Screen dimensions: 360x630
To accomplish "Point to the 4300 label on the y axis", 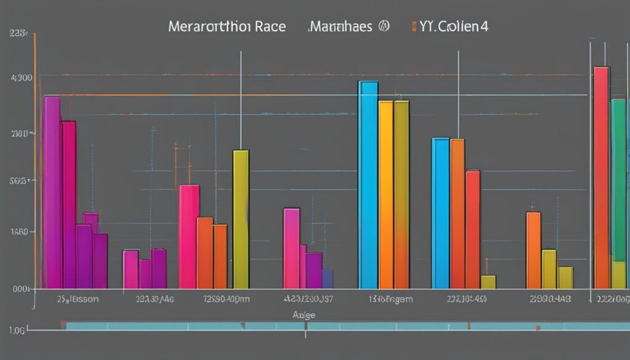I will point(22,78).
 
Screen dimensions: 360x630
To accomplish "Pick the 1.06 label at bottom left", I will point(17,330).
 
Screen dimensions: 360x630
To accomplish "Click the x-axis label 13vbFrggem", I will point(391,299).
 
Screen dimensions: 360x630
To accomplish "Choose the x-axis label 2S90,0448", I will point(549,299).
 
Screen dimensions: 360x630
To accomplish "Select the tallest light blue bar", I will point(368,185).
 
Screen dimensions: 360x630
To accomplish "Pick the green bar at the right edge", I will point(619,178).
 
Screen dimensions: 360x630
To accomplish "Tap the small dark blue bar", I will point(327,278).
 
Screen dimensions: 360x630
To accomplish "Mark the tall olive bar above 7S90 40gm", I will point(241,219).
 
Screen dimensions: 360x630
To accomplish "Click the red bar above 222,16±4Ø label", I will point(472,229).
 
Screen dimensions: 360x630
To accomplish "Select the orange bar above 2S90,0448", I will point(533,250).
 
